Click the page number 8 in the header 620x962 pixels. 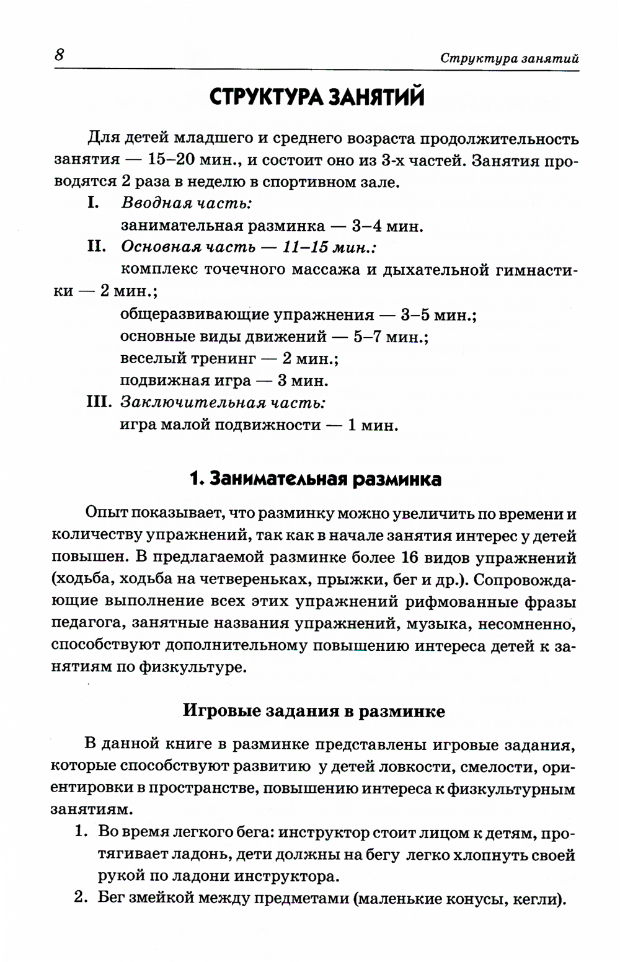point(60,55)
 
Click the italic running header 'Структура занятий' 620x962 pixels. point(509,58)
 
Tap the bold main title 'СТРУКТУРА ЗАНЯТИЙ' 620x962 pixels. point(317,98)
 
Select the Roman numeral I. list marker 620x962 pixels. point(93,203)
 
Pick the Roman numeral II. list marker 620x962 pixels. point(97,247)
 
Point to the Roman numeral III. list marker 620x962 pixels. point(99,402)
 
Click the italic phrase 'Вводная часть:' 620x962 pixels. point(187,203)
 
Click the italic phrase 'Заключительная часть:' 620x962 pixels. point(223,403)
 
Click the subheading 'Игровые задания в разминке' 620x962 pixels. point(314,710)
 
